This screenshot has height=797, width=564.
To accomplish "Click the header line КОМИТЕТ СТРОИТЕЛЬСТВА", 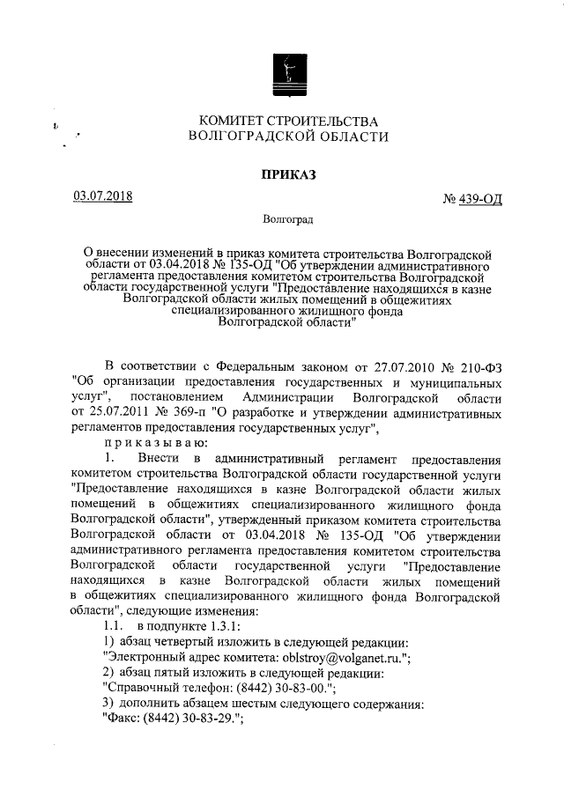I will [288, 120].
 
